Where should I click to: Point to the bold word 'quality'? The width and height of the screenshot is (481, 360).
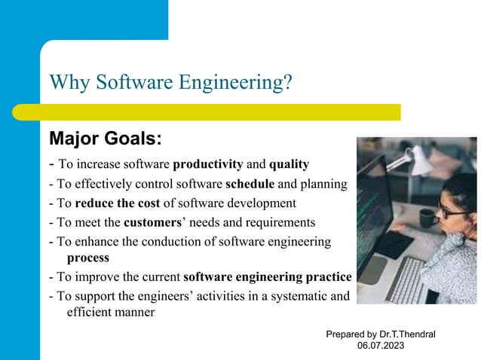[289, 164]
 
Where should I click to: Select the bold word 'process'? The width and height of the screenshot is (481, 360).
[87, 258]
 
